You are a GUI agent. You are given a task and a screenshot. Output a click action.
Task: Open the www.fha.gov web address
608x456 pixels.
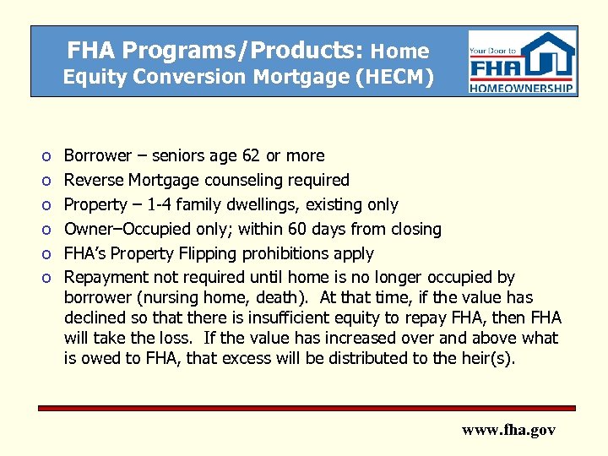(508, 430)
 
